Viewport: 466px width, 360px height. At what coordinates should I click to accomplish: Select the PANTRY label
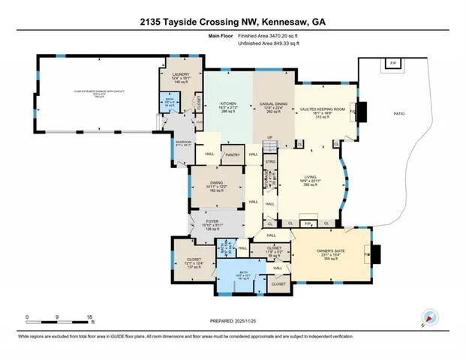231,154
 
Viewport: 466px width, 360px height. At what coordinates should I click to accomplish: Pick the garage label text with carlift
94,91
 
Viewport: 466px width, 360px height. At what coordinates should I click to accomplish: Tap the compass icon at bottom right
429,317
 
